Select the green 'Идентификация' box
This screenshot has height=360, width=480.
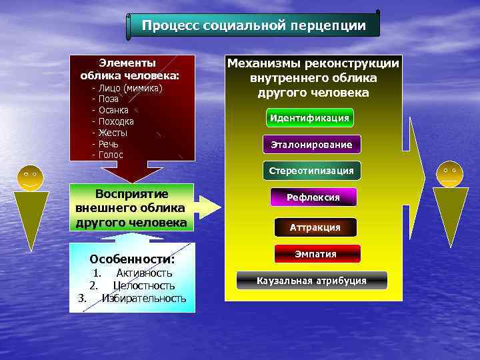click(x=309, y=118)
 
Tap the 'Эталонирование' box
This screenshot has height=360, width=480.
click(x=311, y=144)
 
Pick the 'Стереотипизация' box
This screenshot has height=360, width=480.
click(x=311, y=171)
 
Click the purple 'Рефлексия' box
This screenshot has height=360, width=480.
click(x=313, y=197)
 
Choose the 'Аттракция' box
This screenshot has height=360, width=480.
click(x=315, y=227)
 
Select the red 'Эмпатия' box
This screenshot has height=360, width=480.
click(x=317, y=254)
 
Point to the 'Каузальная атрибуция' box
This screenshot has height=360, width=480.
click(x=311, y=281)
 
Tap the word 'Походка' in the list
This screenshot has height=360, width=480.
click(x=116, y=121)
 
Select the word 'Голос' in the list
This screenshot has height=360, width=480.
click(x=111, y=155)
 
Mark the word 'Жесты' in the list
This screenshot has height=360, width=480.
click(x=113, y=133)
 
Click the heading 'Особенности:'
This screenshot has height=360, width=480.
click(x=132, y=259)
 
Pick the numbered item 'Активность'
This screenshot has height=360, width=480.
click(x=144, y=273)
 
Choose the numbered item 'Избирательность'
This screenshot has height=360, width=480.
click(x=144, y=298)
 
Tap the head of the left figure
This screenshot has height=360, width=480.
click(x=30, y=177)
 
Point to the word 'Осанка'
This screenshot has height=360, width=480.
click(x=113, y=110)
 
